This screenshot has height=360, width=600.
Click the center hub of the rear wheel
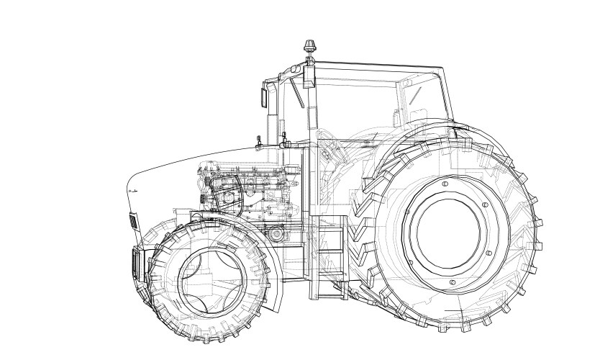pyautogui.click(x=444, y=226)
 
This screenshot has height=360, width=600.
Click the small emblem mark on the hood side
pyautogui.click(x=133, y=190)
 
